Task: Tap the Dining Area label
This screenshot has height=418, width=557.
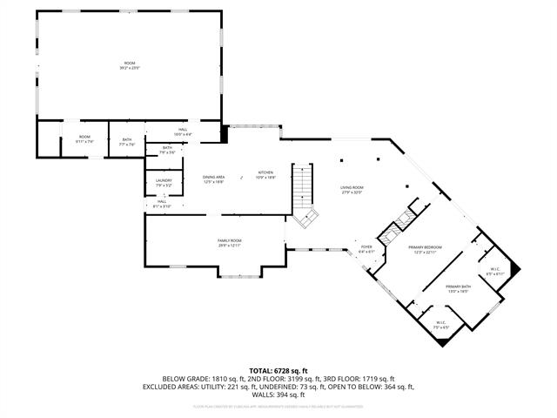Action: [x=214, y=179]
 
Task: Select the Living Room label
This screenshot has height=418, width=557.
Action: [x=352, y=190]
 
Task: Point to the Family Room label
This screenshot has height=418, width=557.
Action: [x=230, y=243]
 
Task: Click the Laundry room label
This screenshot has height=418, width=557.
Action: [x=164, y=183]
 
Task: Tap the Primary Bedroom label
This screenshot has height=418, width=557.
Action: [x=426, y=250]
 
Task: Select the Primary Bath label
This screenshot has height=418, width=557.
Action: [x=458, y=289]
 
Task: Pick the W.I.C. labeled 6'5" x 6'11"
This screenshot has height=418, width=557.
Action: [x=495, y=271]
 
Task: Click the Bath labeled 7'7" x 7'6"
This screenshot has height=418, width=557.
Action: [x=127, y=142]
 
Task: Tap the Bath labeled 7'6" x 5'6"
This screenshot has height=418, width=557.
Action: [x=167, y=150]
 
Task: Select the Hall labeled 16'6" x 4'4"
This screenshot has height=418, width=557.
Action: [x=183, y=131]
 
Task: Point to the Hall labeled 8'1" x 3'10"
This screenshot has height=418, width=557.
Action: [x=161, y=204]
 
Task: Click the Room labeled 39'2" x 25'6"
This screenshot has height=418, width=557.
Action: [x=131, y=66]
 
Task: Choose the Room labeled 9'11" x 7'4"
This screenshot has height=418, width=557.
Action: [x=84, y=138]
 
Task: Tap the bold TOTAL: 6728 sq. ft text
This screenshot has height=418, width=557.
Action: [x=278, y=369]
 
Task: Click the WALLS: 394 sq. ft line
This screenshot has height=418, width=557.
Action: [x=278, y=395]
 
